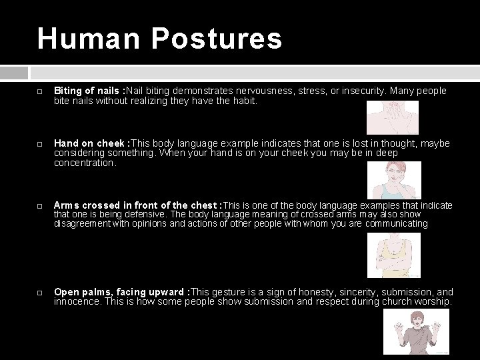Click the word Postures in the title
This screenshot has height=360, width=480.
[x=217, y=38]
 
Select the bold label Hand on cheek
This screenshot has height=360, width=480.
[x=90, y=143]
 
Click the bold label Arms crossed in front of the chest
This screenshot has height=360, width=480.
[x=137, y=205]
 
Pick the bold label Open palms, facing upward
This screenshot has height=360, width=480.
[x=120, y=292]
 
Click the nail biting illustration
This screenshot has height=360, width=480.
[x=393, y=118]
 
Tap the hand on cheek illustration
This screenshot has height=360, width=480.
[x=396, y=179]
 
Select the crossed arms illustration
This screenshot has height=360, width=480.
[x=393, y=255]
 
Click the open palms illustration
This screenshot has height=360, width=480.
[x=421, y=331]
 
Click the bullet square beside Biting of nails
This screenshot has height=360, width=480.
[x=40, y=91]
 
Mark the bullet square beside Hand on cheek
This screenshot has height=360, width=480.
[x=40, y=144]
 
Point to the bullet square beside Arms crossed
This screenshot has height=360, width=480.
[x=40, y=206]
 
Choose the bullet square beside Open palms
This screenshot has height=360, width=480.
[x=40, y=293]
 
